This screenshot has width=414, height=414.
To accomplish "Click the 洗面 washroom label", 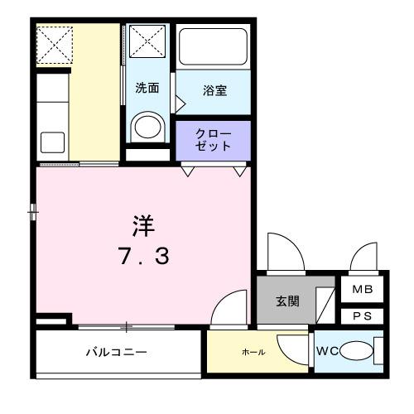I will [x=147, y=89].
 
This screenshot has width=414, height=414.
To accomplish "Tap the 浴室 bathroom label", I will [x=214, y=90].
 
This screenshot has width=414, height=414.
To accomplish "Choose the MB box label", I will [x=363, y=290].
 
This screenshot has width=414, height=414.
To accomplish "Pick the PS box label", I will [x=363, y=315].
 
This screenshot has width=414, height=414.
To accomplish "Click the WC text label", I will [x=327, y=350].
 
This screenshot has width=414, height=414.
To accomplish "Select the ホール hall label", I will [x=253, y=352].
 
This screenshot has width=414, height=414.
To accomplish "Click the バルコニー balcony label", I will [x=117, y=352].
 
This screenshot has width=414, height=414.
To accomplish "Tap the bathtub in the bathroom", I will [x=214, y=49].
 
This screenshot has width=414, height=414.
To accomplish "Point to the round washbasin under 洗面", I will [x=147, y=127].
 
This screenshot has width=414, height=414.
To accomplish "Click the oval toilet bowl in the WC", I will [x=354, y=352].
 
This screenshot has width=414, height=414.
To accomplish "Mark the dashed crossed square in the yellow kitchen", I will [x=56, y=45].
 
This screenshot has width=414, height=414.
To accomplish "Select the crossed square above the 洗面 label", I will [x=148, y=41].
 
